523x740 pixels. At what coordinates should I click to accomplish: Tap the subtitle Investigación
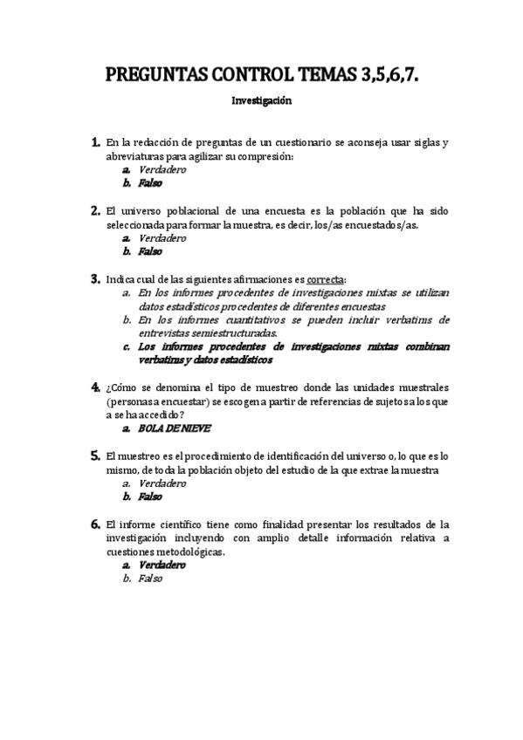click(x=261, y=101)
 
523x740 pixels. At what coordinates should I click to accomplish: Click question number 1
click(x=94, y=142)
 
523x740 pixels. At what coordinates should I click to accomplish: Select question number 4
click(x=94, y=386)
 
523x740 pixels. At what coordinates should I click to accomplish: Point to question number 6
click(x=94, y=524)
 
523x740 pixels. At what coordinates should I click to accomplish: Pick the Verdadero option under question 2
click(x=162, y=237)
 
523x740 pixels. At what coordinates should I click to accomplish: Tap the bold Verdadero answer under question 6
click(x=162, y=565)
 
